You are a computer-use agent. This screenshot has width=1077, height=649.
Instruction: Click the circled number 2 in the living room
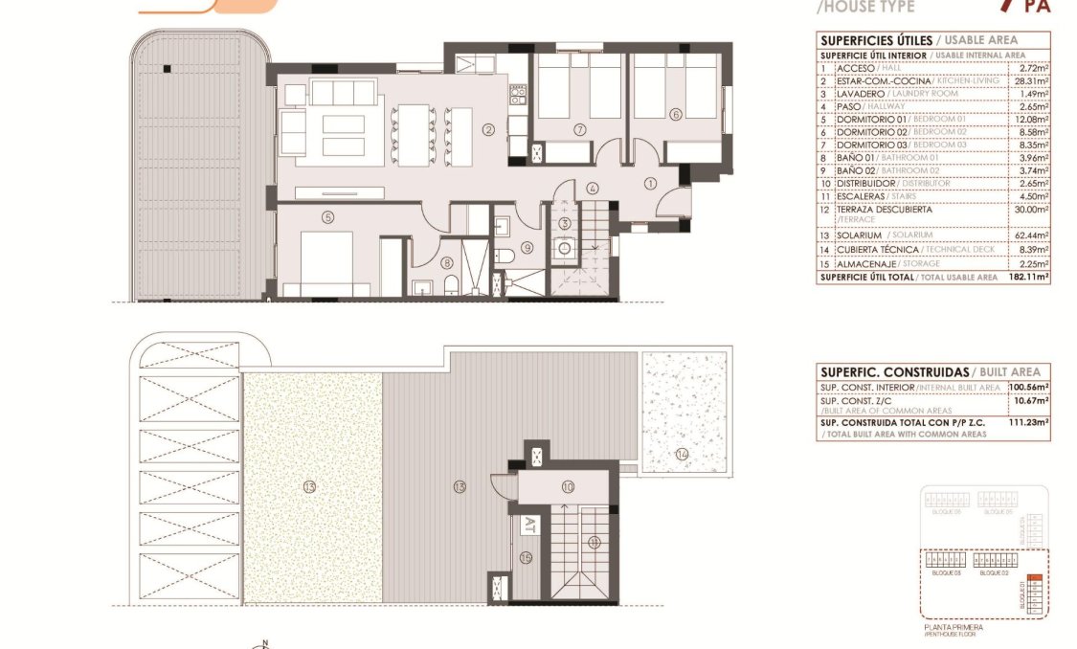coord(488,130)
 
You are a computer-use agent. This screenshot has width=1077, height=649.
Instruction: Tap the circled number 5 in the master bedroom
coord(327,217)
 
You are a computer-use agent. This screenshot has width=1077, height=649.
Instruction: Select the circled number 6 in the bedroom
coord(675,114)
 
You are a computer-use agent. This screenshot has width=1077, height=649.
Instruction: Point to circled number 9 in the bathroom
coord(526,248)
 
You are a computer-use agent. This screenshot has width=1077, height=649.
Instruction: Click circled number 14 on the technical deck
coord(682,454)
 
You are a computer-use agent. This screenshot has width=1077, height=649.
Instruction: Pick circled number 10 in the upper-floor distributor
coord(568,487)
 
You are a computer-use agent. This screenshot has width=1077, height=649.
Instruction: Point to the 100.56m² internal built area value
coord(1029,387)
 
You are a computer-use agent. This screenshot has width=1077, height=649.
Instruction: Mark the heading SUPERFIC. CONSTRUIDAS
coord(893,371)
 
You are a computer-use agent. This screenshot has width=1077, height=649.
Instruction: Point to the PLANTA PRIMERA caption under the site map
coord(953,627)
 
